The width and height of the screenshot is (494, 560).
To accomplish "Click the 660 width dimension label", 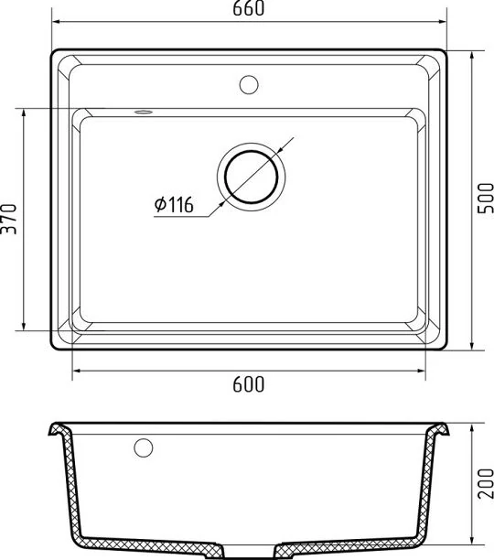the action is click(x=249, y=8).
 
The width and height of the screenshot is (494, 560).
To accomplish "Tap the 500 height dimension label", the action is click(x=486, y=199).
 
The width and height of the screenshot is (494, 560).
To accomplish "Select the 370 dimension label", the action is click(x=9, y=219).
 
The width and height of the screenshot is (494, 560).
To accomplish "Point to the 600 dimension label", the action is click(x=249, y=384).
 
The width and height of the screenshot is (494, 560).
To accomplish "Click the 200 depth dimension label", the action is click(x=486, y=483).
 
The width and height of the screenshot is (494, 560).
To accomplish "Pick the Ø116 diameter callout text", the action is click(x=174, y=205).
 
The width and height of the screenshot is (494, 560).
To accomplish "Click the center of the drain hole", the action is click(x=252, y=177).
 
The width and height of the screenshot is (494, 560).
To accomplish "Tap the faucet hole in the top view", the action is click(x=249, y=85).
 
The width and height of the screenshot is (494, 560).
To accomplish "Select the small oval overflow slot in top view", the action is click(x=144, y=113).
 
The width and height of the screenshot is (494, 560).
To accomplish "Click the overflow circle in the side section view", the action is click(x=144, y=447).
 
